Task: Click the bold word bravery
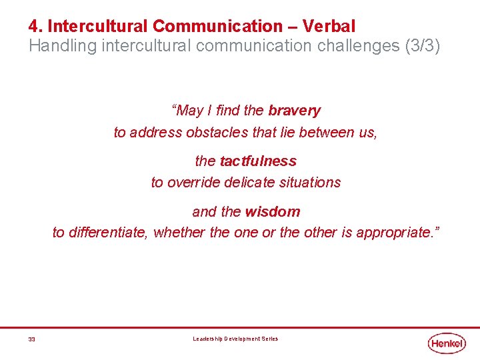click(x=294, y=111)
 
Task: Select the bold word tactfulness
click(x=257, y=161)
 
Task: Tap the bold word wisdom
click(x=272, y=212)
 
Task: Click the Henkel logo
click(x=447, y=343)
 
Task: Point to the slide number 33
click(x=31, y=339)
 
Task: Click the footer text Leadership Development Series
click(x=235, y=339)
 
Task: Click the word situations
click(x=310, y=182)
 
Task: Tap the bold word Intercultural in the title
click(x=98, y=27)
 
